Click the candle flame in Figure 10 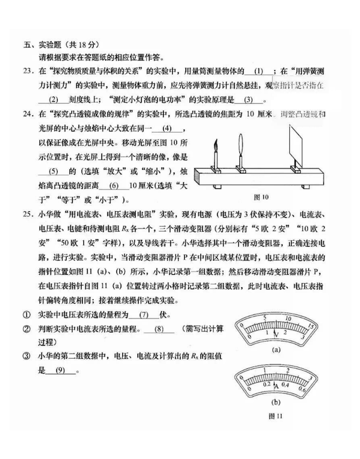click(x=214, y=145)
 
